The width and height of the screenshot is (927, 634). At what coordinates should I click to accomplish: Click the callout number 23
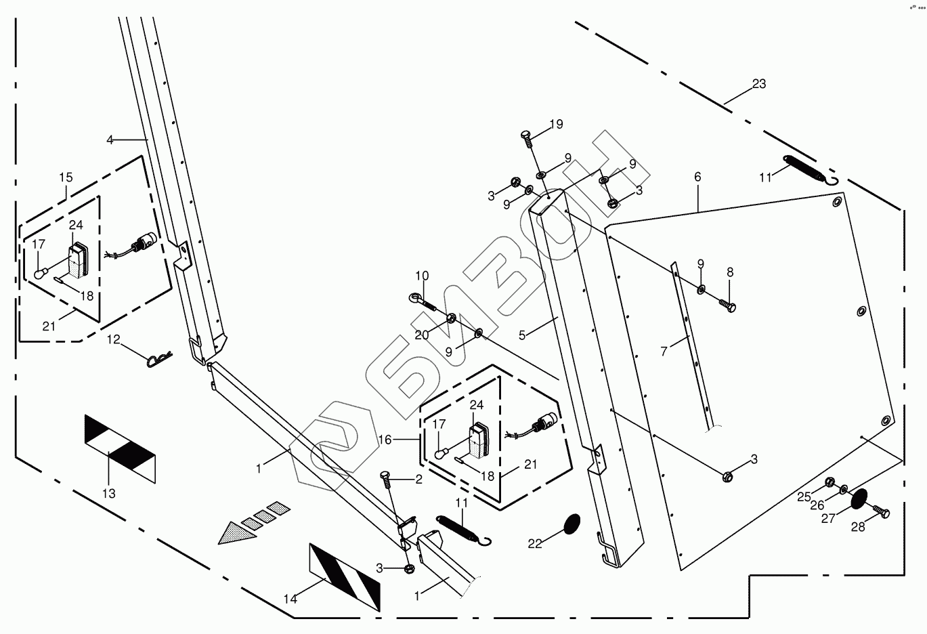758,84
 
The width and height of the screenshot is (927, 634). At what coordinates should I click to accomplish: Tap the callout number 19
556,124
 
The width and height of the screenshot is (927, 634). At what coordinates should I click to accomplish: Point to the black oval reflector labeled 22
573,524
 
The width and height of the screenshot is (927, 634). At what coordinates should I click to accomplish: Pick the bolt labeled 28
879,513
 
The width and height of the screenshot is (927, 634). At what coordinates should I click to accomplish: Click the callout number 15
66,177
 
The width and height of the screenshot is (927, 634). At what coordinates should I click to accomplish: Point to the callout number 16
385,440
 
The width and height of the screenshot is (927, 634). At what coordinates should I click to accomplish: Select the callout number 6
697,177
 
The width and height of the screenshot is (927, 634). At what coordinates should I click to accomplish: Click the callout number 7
664,351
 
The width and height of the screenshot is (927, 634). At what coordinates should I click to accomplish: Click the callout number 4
110,140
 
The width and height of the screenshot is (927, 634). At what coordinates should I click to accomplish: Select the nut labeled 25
829,482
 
